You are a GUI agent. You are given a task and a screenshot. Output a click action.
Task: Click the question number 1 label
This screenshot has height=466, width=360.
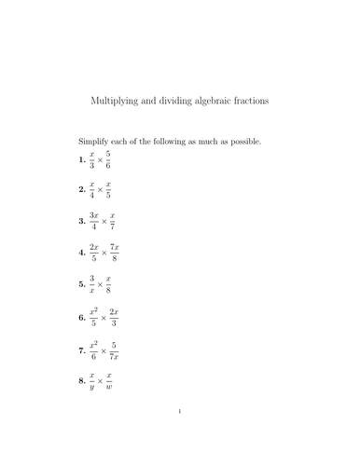click(x=81, y=160)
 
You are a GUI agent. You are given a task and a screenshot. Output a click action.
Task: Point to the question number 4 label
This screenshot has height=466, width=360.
click(x=81, y=254)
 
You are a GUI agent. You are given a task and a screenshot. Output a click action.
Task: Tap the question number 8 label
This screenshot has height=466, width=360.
click(x=81, y=381)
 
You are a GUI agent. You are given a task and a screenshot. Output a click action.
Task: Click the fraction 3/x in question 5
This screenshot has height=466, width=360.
click(x=91, y=285)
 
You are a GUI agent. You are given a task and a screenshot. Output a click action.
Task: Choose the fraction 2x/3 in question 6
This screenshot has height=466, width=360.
click(x=114, y=317)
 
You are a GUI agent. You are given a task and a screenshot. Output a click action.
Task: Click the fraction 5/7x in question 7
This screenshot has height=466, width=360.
click(x=113, y=349)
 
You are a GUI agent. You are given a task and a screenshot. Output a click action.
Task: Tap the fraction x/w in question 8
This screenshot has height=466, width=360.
click(x=108, y=381)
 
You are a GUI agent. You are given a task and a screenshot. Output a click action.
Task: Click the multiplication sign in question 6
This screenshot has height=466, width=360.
click(x=102, y=318)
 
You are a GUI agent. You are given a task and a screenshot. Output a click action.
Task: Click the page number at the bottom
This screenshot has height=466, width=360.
click(x=179, y=435)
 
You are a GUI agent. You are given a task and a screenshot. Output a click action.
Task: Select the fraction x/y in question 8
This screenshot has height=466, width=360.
click(x=91, y=381)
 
